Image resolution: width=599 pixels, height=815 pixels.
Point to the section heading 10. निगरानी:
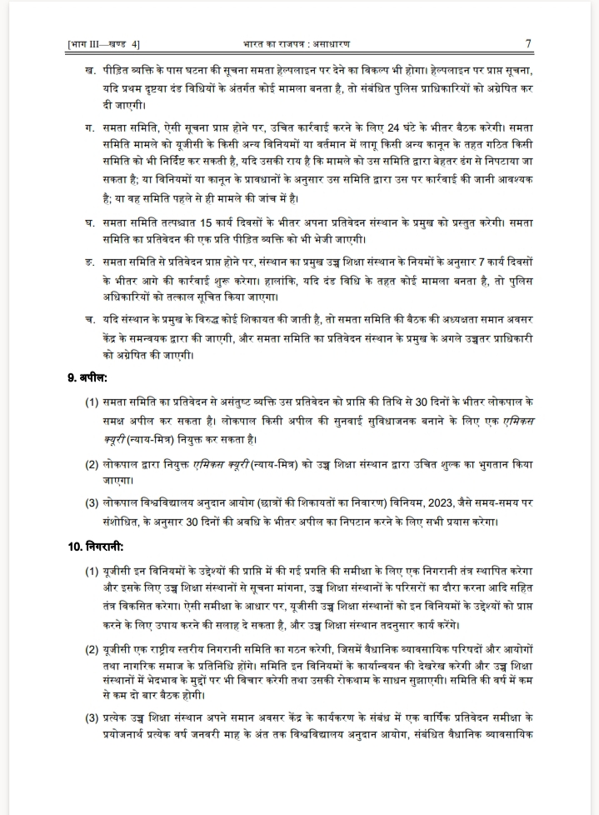97,547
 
